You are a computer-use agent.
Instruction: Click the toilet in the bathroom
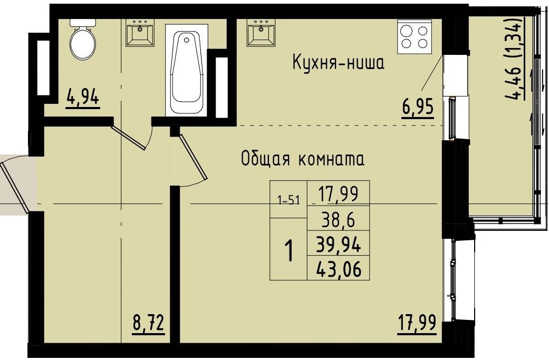pos(82,41)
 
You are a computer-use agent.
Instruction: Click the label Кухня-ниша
pos(338,63)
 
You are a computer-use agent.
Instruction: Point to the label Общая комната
pos(302,159)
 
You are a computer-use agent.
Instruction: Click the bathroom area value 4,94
pos(83,98)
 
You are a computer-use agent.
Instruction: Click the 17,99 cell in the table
pos(338,194)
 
